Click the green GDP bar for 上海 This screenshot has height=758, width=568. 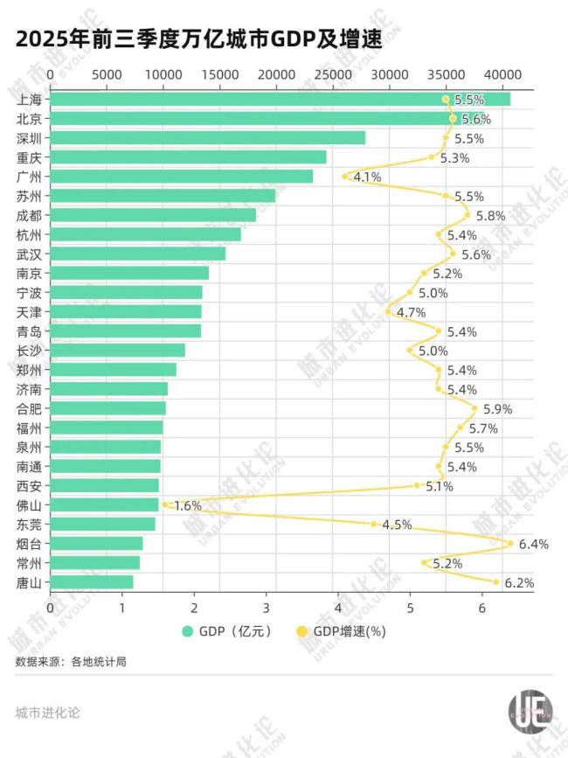pos(280,100)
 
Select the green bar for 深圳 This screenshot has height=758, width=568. pos(208,138)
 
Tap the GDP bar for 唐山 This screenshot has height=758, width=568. pos(92,582)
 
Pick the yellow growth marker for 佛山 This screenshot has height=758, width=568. pos(164,504)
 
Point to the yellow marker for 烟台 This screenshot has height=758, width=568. pos(510,543)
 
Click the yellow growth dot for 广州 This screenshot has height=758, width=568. pos(345,176)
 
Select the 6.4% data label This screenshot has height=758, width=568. pos(533,545)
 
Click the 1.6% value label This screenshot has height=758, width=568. pos(188,506)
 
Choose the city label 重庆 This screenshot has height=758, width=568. pos(29,157)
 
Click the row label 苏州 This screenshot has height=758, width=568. pos(29,196)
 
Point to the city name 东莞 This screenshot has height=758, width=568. pos(29,525)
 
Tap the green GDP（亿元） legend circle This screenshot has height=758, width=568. pos(187,630)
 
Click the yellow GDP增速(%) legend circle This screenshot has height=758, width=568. pos(301,630)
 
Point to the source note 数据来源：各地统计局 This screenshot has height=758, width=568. pos(71,662)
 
